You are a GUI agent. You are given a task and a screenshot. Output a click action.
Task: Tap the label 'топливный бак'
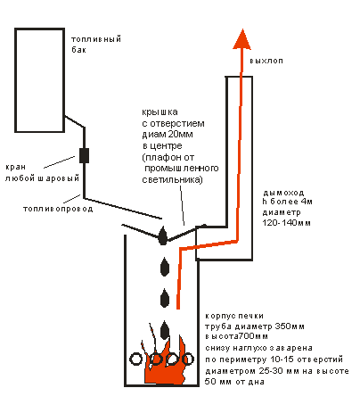(x=96, y=45)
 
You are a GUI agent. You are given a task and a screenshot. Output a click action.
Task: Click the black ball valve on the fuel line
(x=84, y=155)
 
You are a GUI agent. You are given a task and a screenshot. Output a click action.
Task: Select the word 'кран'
(x=15, y=167)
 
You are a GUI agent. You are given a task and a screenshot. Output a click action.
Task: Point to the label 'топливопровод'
(x=58, y=209)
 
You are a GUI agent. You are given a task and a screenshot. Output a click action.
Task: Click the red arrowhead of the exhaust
(x=242, y=39)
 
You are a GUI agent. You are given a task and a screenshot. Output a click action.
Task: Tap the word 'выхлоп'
(x=266, y=61)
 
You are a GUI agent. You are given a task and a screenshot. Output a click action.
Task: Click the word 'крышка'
(x=160, y=112)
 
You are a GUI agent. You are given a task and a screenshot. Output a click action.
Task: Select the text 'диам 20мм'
(x=168, y=135)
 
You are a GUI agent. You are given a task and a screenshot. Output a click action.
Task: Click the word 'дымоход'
(x=283, y=193)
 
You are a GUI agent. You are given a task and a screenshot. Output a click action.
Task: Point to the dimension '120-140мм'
(x=286, y=223)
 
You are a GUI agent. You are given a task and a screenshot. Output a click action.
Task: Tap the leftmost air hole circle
(x=136, y=359)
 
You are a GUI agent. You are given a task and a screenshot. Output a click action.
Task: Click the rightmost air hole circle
(x=188, y=359)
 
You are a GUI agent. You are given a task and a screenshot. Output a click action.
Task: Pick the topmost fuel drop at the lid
(x=162, y=235)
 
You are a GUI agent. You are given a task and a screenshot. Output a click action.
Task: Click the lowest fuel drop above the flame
(x=165, y=330)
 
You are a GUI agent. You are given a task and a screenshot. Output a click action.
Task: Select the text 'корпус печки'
(x=234, y=316)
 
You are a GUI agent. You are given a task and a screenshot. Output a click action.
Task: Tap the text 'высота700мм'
(x=237, y=336)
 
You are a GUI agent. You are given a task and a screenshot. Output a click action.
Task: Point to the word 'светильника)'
(x=172, y=180)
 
